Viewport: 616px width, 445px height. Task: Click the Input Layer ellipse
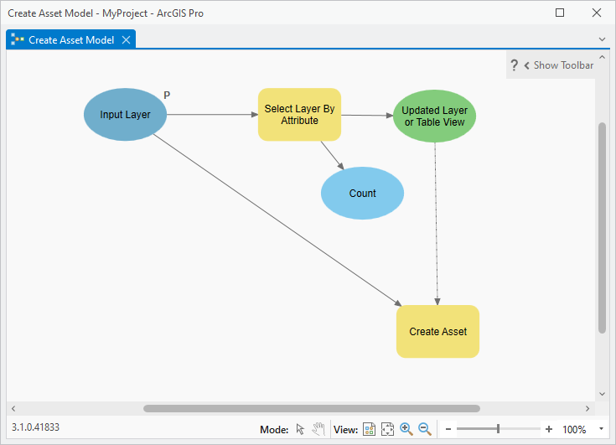[x=125, y=114]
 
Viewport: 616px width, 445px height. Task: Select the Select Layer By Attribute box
[x=299, y=114]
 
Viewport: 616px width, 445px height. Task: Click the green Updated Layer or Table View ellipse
[x=434, y=116]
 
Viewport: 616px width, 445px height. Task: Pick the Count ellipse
[x=362, y=194]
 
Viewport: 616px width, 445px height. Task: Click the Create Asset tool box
[x=437, y=332]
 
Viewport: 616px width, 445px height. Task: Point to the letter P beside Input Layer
[x=167, y=95]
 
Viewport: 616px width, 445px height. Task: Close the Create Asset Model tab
[x=126, y=39]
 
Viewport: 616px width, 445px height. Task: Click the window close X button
[x=597, y=13]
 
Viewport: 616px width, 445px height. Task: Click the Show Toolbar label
[x=563, y=65]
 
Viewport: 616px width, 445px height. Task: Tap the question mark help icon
[x=514, y=65]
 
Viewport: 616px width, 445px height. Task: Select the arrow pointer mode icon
[x=300, y=429]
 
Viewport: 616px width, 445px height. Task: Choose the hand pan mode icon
[x=318, y=429]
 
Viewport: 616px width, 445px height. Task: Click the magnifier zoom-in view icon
[x=406, y=429]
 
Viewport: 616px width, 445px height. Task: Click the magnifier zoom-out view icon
[x=425, y=429]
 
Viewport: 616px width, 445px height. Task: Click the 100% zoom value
[x=574, y=429]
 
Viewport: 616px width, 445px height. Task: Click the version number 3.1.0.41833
[x=35, y=427]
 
